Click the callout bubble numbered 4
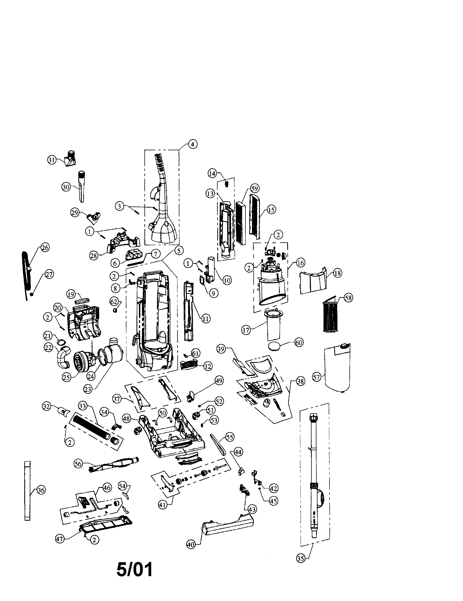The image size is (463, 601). [x=192, y=144]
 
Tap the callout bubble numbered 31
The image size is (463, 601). [x=52, y=160]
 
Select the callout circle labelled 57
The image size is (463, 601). [x=316, y=377]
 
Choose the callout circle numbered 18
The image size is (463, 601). [x=337, y=273]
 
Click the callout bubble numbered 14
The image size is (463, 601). [x=212, y=173]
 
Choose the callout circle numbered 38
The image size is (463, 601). [x=301, y=382]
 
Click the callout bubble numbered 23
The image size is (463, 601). [x=88, y=389]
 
